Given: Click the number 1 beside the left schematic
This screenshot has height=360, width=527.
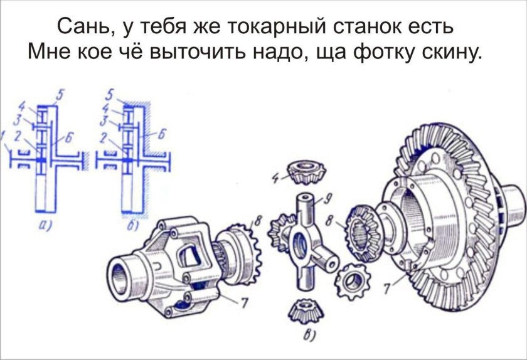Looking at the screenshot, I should [x=4, y=134].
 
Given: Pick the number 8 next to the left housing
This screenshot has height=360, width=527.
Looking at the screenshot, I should [x=255, y=221].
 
